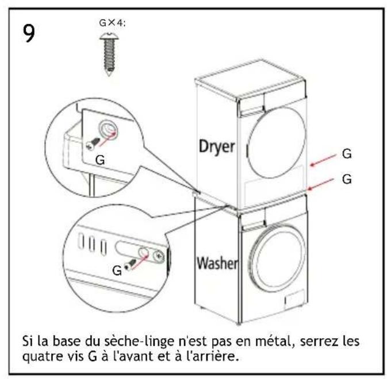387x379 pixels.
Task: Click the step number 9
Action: pyautogui.click(x=29, y=33)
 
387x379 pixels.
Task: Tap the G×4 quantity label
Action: pyautogui.click(x=112, y=23)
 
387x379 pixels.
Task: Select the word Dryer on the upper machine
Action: pyautogui.click(x=217, y=147)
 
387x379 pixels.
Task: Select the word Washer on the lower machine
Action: pyautogui.click(x=217, y=263)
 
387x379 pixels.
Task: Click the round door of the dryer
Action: pyautogui.click(x=276, y=142)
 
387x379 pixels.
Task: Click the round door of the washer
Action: pyautogui.click(x=277, y=257)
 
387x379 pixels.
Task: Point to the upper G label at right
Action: pyautogui.click(x=347, y=154)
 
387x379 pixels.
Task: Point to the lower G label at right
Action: pyautogui.click(x=347, y=179)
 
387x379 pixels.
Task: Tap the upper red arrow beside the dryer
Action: pyautogui.click(x=323, y=160)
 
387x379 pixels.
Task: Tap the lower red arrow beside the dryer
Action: pyautogui.click(x=321, y=184)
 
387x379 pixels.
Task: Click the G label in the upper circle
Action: pyautogui.click(x=100, y=160)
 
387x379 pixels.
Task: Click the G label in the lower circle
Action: pyautogui.click(x=117, y=270)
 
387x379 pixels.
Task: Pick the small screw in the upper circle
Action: pyautogui.click(x=93, y=144)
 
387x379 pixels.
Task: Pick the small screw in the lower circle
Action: pyautogui.click(x=130, y=264)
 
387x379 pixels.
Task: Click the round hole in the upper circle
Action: pyautogui.click(x=108, y=129)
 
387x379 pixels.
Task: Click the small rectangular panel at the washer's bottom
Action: pyautogui.click(x=294, y=299)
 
